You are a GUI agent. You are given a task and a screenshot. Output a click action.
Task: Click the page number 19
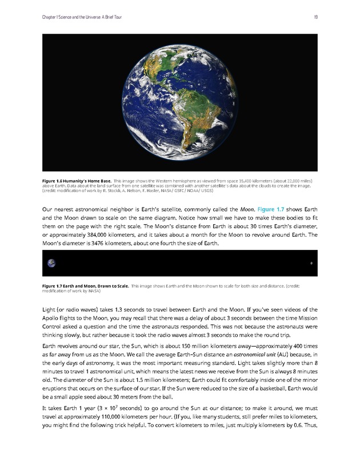315,17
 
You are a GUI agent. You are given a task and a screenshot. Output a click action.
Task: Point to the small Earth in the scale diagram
52,263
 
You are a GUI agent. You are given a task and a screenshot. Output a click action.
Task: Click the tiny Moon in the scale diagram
311,264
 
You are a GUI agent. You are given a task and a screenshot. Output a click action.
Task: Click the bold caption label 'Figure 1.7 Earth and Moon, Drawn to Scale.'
85,285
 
